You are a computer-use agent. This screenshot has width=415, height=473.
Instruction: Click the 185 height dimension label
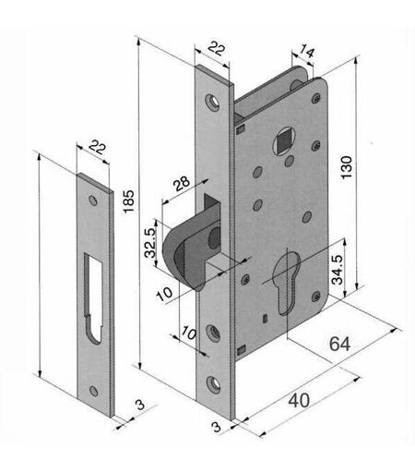coord(129,200)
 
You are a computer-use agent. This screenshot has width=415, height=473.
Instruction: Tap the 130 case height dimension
coord(347,167)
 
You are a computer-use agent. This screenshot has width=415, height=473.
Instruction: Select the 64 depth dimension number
coord(339,344)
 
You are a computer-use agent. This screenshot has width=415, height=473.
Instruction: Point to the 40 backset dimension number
coord(299,400)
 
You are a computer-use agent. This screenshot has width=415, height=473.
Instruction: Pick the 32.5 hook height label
coord(150,243)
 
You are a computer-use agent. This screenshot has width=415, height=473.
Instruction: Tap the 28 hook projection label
coord(182,184)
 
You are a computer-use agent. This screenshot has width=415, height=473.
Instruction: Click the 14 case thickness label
coord(307,51)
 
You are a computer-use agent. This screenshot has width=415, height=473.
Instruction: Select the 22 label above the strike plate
coord(97,147)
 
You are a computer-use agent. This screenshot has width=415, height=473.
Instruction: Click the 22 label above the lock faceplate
coord(217,48)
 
